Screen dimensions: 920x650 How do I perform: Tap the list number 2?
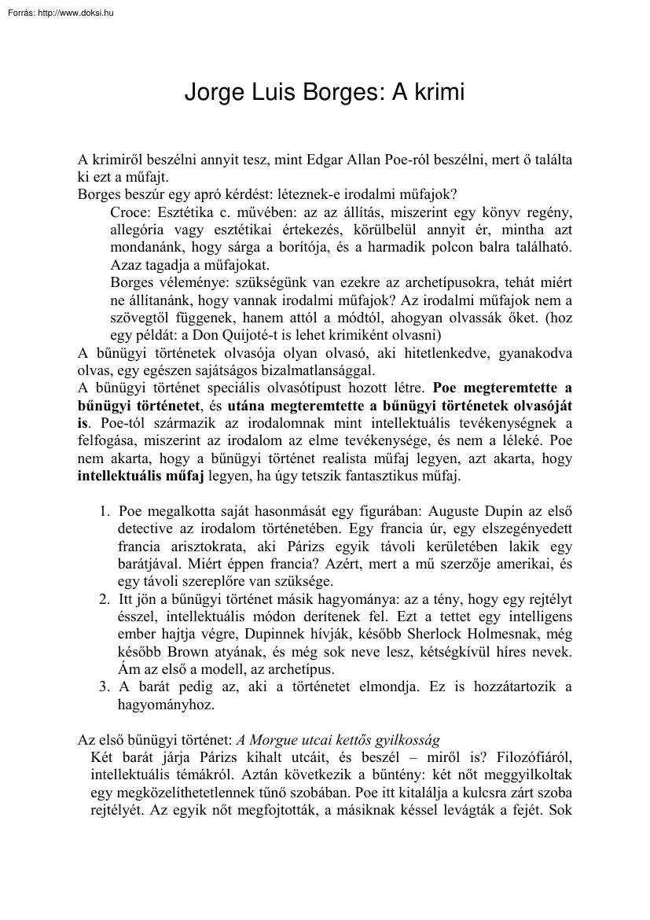(105, 599)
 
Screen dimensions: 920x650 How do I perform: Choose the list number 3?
(105, 686)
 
